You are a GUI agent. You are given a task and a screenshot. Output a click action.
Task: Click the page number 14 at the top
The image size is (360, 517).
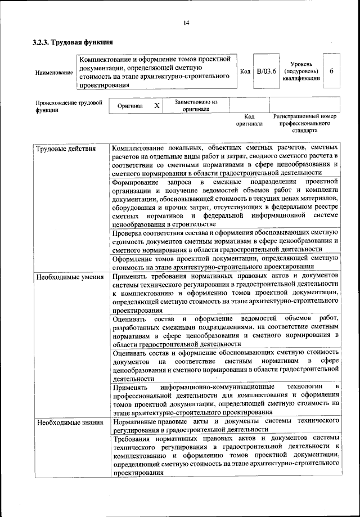tap(186, 23)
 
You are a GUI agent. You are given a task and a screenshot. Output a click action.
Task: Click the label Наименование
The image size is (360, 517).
tap(53, 73)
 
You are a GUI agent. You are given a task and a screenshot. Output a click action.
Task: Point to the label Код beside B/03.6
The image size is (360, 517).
tap(245, 71)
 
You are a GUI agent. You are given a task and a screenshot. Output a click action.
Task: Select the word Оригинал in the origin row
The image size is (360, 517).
tap(130, 106)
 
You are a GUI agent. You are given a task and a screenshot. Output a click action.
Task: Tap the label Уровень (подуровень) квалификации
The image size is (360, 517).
tap(302, 71)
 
